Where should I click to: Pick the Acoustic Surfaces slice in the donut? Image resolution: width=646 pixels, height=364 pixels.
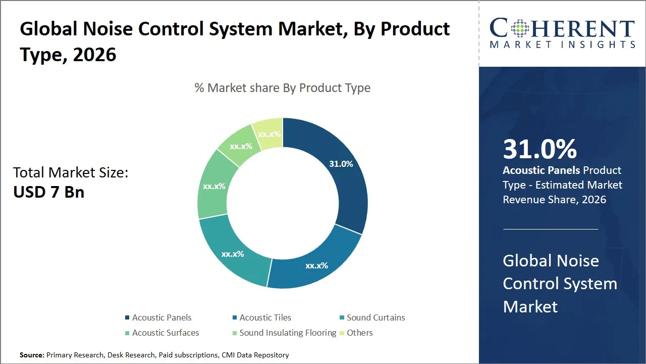tap(214, 186)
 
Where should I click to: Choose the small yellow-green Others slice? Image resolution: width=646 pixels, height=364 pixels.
tap(269, 133)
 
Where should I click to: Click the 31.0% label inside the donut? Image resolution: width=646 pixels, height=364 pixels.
tap(341, 164)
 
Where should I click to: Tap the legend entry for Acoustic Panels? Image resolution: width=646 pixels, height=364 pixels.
tap(161, 317)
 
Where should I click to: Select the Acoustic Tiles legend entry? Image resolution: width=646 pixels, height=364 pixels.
tap(265, 317)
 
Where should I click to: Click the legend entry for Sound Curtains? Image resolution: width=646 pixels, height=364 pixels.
tap(375, 317)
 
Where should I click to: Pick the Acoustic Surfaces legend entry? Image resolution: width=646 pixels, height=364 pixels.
tap(165, 333)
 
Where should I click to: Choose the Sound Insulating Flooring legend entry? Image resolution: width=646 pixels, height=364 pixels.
tap(287, 333)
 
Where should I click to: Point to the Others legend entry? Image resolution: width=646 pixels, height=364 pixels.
tap(359, 333)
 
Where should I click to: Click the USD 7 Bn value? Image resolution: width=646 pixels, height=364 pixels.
tap(48, 192)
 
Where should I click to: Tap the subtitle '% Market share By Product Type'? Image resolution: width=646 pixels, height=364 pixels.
tap(283, 88)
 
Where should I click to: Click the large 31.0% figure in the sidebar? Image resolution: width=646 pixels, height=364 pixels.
tap(540, 149)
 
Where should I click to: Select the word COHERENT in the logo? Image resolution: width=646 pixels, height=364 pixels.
tap(562, 29)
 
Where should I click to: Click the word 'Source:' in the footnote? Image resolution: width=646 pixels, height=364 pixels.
tap(32, 355)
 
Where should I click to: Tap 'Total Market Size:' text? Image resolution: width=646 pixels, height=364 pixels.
tap(71, 172)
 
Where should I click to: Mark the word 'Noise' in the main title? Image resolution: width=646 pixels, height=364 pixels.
tap(106, 29)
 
